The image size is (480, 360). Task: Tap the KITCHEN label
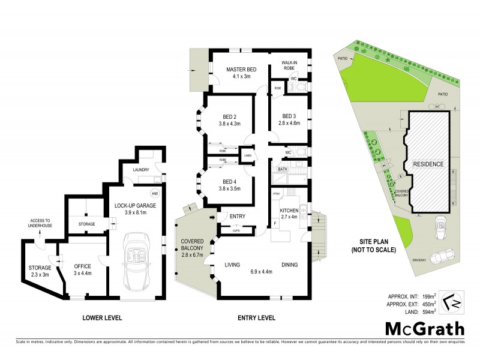pyautogui.click(x=289, y=209)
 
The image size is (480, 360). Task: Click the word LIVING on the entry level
pyautogui.click(x=232, y=265)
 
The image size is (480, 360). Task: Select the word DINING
pyautogui.click(x=291, y=265)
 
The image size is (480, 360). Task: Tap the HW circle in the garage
pyautogui.click(x=155, y=193)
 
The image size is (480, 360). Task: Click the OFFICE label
pyautogui.click(x=82, y=266)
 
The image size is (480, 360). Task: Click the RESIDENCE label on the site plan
pyautogui.click(x=427, y=164)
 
